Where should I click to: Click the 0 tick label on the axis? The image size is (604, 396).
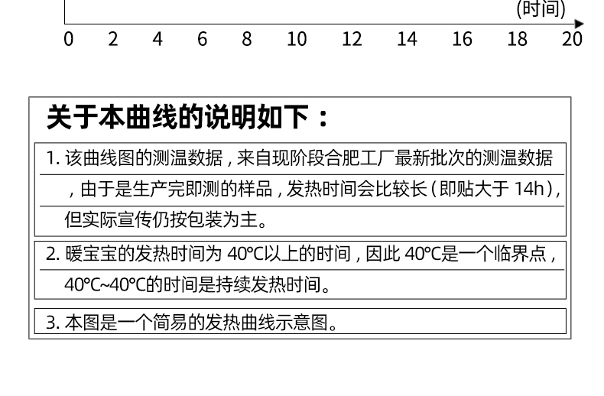69,39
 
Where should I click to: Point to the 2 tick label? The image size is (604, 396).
113,39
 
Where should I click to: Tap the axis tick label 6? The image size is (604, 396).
203,39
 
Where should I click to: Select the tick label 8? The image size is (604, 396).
247,39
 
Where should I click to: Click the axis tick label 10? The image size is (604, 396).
297,39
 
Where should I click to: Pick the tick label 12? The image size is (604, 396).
352,39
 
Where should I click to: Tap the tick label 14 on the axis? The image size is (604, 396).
407,39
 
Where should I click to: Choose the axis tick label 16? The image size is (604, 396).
462,39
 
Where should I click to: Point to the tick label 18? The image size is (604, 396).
518,39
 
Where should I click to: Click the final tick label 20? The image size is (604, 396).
573,39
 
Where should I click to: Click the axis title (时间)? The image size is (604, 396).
541,9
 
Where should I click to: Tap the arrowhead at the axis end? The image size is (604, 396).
579,24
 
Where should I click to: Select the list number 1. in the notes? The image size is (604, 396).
52,159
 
